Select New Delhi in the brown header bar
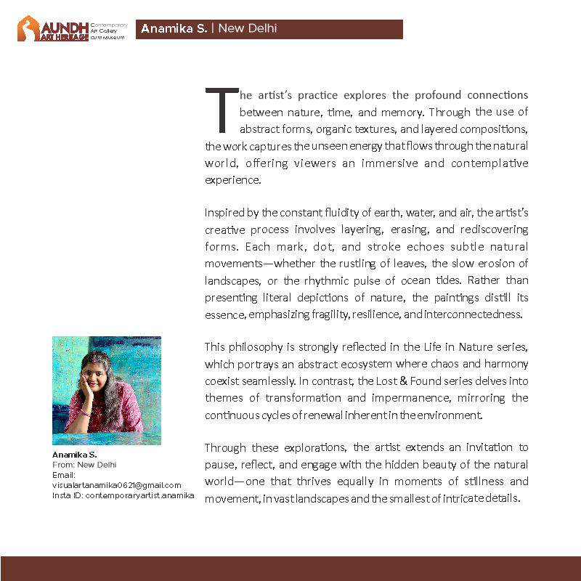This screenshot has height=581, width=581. coord(248,29)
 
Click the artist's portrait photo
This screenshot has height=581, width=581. coord(107,390)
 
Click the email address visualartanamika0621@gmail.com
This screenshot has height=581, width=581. coord(117,485)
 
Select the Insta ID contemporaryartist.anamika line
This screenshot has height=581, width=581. coord(123,495)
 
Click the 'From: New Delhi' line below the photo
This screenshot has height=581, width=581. coord(84,465)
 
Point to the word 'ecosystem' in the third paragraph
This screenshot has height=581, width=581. coord(346,364)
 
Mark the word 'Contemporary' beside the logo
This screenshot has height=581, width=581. coord(109,25)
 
